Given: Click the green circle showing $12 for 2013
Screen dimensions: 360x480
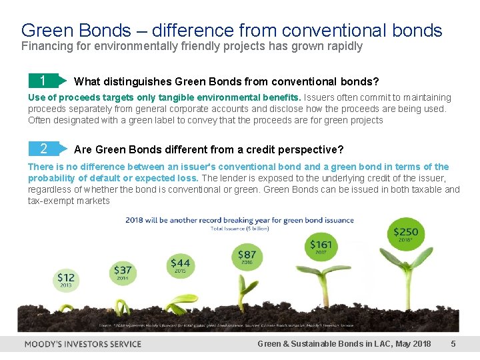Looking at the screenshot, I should tap(66, 279).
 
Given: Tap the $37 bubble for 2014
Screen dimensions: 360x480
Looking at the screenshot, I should tap(123, 271).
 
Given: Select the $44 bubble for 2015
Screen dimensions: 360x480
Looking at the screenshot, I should tap(180, 265).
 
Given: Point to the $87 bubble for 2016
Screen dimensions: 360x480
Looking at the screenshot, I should tap(246, 256).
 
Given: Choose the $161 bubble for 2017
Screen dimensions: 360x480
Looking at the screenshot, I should tap(321, 247).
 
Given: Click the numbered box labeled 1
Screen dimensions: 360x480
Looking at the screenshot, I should tap(43, 81).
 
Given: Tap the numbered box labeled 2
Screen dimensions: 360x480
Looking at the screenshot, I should tap(43, 149).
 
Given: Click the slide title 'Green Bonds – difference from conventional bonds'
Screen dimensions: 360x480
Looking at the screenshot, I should tap(231, 30).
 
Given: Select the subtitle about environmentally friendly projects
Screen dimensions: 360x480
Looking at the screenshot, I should tap(192, 47).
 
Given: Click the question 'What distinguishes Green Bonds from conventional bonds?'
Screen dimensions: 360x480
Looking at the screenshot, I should tap(227, 82).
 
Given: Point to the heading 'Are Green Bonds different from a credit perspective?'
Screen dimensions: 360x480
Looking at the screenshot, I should tap(209, 149).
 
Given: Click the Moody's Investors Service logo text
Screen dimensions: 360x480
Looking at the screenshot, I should tap(83, 344).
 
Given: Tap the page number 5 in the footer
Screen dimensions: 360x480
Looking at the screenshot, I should tap(453, 344).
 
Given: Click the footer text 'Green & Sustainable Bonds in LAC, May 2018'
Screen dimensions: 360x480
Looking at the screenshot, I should tap(344, 344).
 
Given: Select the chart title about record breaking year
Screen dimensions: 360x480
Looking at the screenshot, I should tap(240, 220).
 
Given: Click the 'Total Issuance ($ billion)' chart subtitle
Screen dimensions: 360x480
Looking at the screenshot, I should tap(240, 228).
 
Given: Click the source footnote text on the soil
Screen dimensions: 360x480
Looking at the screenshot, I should tap(240, 327).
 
